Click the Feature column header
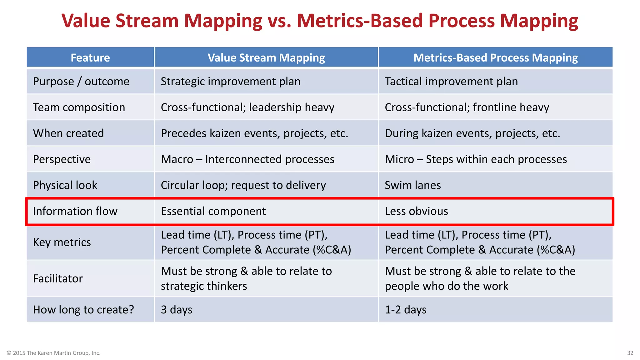click(90, 57)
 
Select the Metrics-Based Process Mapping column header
click(495, 57)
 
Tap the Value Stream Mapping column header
click(266, 57)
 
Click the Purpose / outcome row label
click(81, 81)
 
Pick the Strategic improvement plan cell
click(230, 81)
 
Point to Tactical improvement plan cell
click(451, 81)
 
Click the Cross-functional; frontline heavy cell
click(467, 107)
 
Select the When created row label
click(68, 133)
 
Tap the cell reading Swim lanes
click(412, 185)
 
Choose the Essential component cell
click(213, 211)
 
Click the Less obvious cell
click(416, 211)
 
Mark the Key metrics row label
click(62, 242)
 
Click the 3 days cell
click(177, 309)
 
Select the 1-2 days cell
click(405, 309)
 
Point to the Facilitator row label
click(58, 278)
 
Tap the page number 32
click(630, 353)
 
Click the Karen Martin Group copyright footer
click(53, 353)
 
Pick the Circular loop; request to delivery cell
click(243, 185)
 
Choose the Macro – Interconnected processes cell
click(247, 159)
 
